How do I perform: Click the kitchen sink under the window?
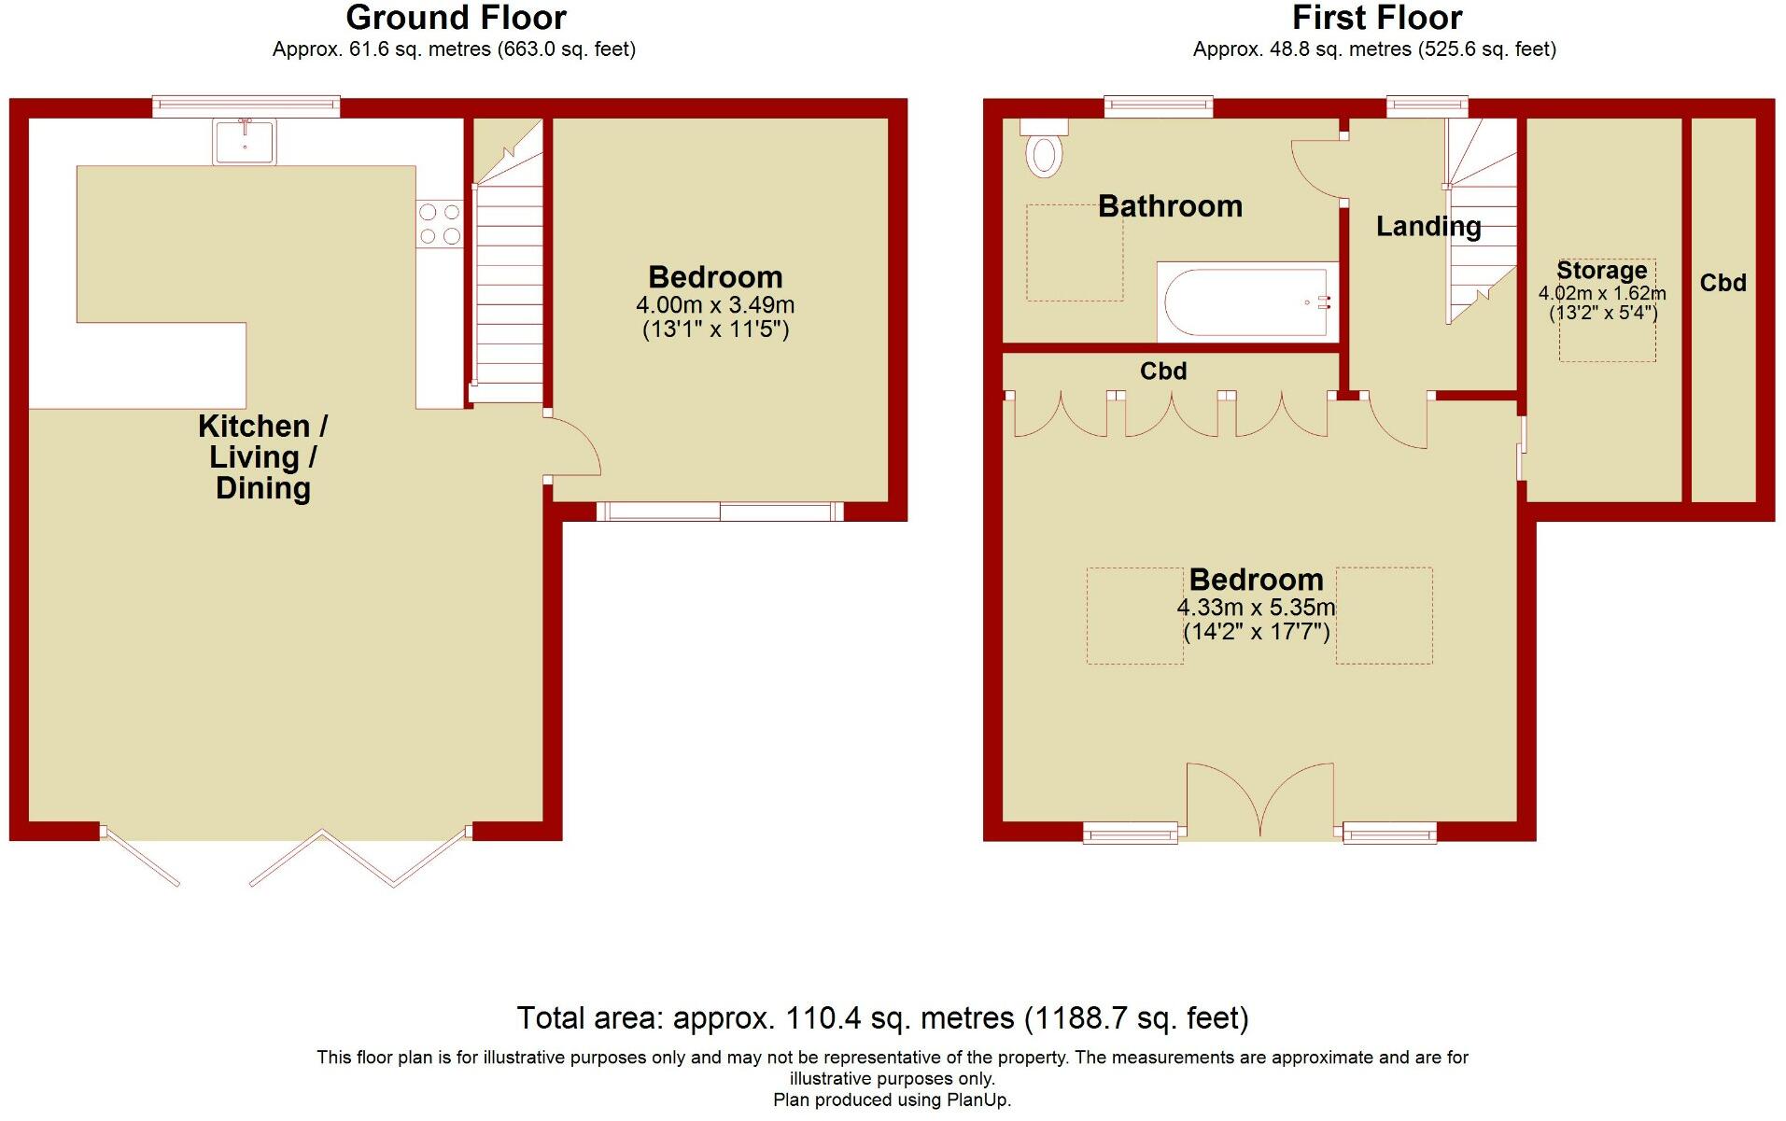pos(245,142)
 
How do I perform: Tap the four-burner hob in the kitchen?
pos(440,224)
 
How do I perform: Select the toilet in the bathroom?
pos(1044,153)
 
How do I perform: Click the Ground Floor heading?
pos(456,18)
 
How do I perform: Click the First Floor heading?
pos(1376,18)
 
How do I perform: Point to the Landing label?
pos(1427,226)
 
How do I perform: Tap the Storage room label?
pos(1601,271)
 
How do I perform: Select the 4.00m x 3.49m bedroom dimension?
pos(715,305)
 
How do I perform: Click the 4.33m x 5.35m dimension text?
pos(1256,608)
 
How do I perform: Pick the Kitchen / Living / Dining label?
pos(262,456)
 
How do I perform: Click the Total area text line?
pos(882,1017)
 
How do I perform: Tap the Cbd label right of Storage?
pos(1723,283)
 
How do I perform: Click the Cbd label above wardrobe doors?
pos(1163,371)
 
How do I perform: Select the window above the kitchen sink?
pos(246,105)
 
